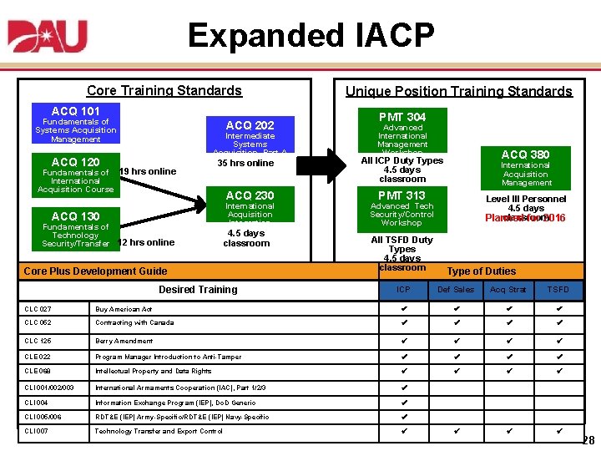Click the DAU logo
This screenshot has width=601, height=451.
click(48, 38)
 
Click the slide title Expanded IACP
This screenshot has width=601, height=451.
click(311, 36)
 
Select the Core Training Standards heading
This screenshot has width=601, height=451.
click(164, 90)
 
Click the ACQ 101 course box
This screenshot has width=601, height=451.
click(75, 111)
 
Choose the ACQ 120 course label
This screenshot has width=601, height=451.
click(75, 162)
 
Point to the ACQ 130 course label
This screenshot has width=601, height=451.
click(75, 216)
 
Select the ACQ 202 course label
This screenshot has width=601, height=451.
click(250, 125)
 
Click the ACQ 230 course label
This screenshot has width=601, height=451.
click(250, 195)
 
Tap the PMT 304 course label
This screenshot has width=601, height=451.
click(402, 117)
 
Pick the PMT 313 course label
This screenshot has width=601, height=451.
click(402, 195)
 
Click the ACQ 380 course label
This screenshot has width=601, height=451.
click(526, 155)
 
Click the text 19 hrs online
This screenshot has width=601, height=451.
click(148, 171)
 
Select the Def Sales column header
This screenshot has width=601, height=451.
click(456, 290)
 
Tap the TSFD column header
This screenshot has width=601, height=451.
click(558, 290)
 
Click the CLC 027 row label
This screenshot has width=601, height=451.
click(38, 309)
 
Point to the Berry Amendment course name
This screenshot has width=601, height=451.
click(124, 341)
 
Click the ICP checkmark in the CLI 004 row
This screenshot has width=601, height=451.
click(405, 402)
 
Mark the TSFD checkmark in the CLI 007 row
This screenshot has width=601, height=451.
click(559, 431)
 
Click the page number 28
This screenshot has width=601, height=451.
click(588, 440)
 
